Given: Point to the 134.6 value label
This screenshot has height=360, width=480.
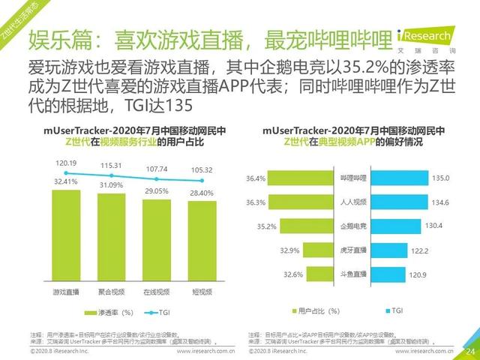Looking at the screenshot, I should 441,202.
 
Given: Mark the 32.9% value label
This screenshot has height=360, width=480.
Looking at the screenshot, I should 268,250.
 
